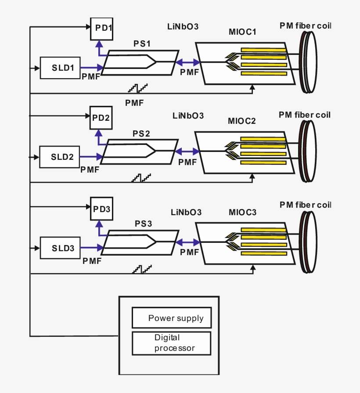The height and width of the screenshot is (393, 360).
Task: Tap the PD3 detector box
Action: tap(101, 209)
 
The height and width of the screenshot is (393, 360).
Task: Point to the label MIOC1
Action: tap(242, 32)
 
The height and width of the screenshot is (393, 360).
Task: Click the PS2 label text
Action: tap(141, 134)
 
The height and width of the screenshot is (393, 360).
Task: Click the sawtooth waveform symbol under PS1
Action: tap(138, 87)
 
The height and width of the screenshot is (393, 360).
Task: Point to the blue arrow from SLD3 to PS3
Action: tap(92, 248)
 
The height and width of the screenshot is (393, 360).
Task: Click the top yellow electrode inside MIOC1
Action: tap(263, 50)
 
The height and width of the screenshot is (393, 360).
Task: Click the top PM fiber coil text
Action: tap(305, 26)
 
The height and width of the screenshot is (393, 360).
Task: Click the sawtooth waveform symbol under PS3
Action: tap(142, 268)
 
